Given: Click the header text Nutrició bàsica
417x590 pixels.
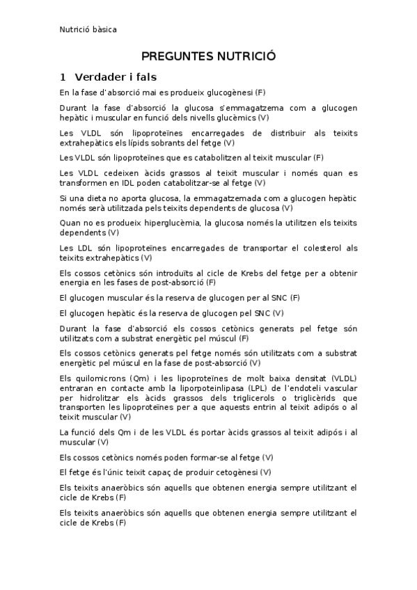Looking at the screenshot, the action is [88, 29].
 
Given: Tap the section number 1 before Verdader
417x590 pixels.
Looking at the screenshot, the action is [63, 77].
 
